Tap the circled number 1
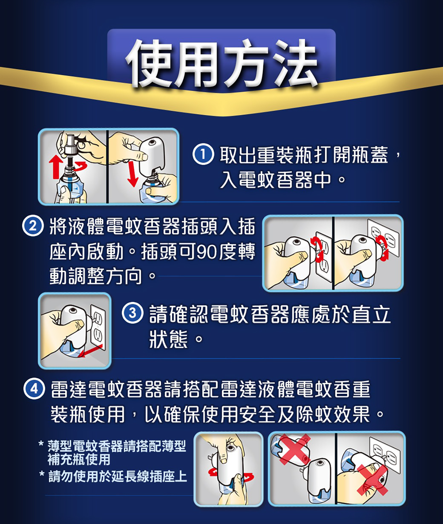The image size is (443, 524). pos(203,154)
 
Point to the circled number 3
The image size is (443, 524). pos(133,313)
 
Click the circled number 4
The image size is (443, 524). pos(34,389)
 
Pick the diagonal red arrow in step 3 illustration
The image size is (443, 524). pos(91,351)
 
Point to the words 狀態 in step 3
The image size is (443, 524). pos(168,339)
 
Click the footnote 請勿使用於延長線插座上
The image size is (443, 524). pos(117,477)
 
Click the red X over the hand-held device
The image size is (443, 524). pos(372,480)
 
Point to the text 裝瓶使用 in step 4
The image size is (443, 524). pos(88,414)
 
